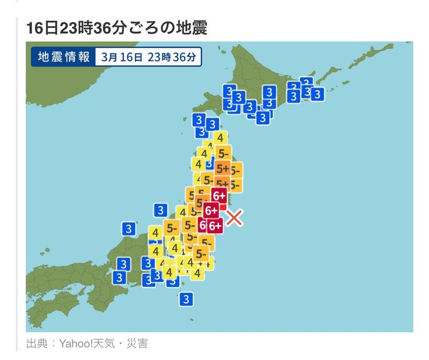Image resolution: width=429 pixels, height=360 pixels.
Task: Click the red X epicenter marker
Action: click(234, 218)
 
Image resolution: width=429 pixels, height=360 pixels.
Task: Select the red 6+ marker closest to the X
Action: click(214, 226)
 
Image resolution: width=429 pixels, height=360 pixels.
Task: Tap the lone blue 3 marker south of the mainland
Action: click(186, 299)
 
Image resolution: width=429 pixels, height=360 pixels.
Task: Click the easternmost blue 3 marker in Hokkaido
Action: click(317, 94)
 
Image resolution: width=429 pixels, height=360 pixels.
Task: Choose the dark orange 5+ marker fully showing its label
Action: click(223, 169)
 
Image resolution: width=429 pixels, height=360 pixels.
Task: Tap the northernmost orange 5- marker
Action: click(224, 153)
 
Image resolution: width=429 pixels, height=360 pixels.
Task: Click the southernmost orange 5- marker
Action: click(202, 253)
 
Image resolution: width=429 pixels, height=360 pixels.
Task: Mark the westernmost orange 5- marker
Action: click(172, 227)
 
